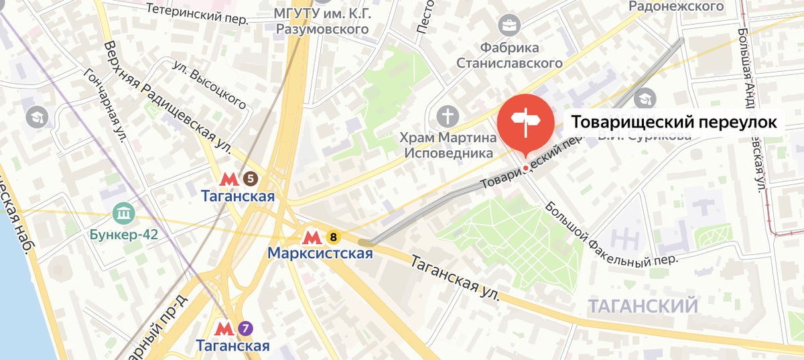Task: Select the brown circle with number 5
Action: (250, 178)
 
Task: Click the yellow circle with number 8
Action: (333, 237)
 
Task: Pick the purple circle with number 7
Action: (246, 328)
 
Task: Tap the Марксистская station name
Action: (320, 254)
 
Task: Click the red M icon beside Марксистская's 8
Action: (311, 237)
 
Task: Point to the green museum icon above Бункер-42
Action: (124, 214)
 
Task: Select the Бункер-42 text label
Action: (124, 235)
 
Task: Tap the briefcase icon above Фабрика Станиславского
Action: (509, 26)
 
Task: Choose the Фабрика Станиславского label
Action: (509, 55)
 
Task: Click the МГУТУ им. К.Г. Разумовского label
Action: (322, 21)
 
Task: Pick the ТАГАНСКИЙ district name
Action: (643, 307)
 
